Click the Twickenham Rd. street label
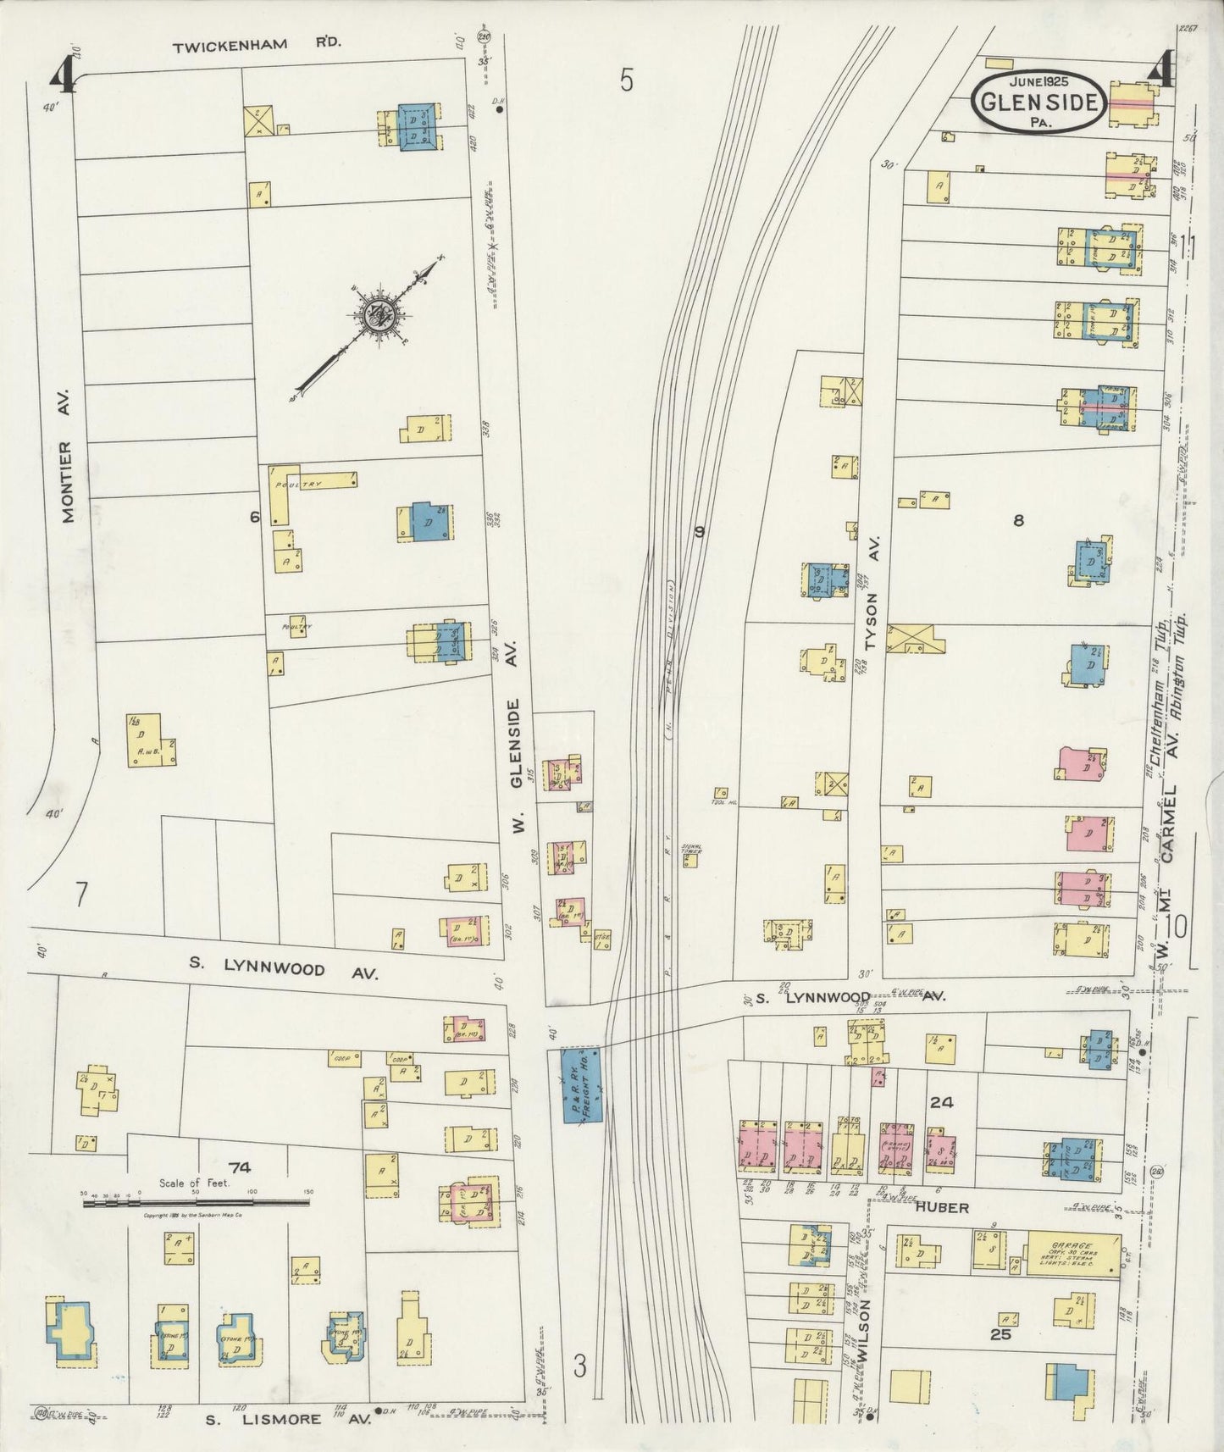pyautogui.click(x=257, y=47)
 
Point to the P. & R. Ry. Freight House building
pyautogui.click(x=579, y=1085)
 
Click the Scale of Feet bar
pyautogui.click(x=196, y=1200)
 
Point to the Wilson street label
pyautogui.click(x=863, y=1330)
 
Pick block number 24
pyautogui.click(x=941, y=1102)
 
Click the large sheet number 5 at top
pyautogui.click(x=625, y=80)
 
